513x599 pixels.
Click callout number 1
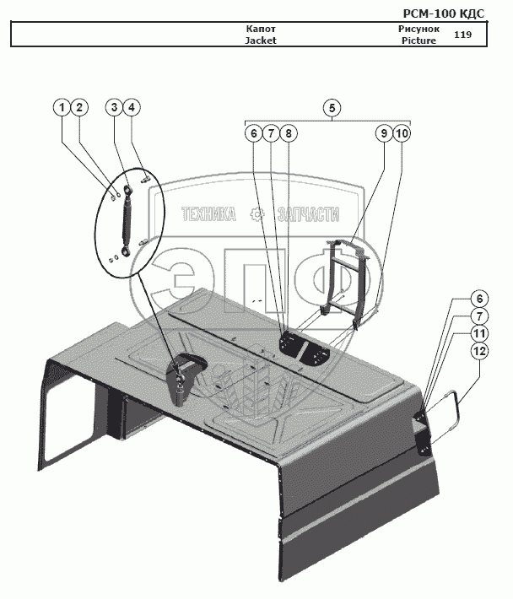point(62,107)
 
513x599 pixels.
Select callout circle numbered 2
point(78,107)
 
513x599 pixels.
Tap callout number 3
point(115,107)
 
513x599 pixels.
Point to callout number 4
point(132,107)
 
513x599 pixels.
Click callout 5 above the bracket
point(332,107)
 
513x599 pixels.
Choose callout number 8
point(288,133)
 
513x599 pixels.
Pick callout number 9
point(383,133)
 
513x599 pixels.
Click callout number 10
point(402,133)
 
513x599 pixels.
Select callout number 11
point(478,333)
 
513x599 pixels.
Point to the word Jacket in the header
point(261,40)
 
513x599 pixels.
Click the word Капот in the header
point(261,29)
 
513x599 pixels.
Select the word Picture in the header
point(418,40)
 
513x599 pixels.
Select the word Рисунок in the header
point(418,29)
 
